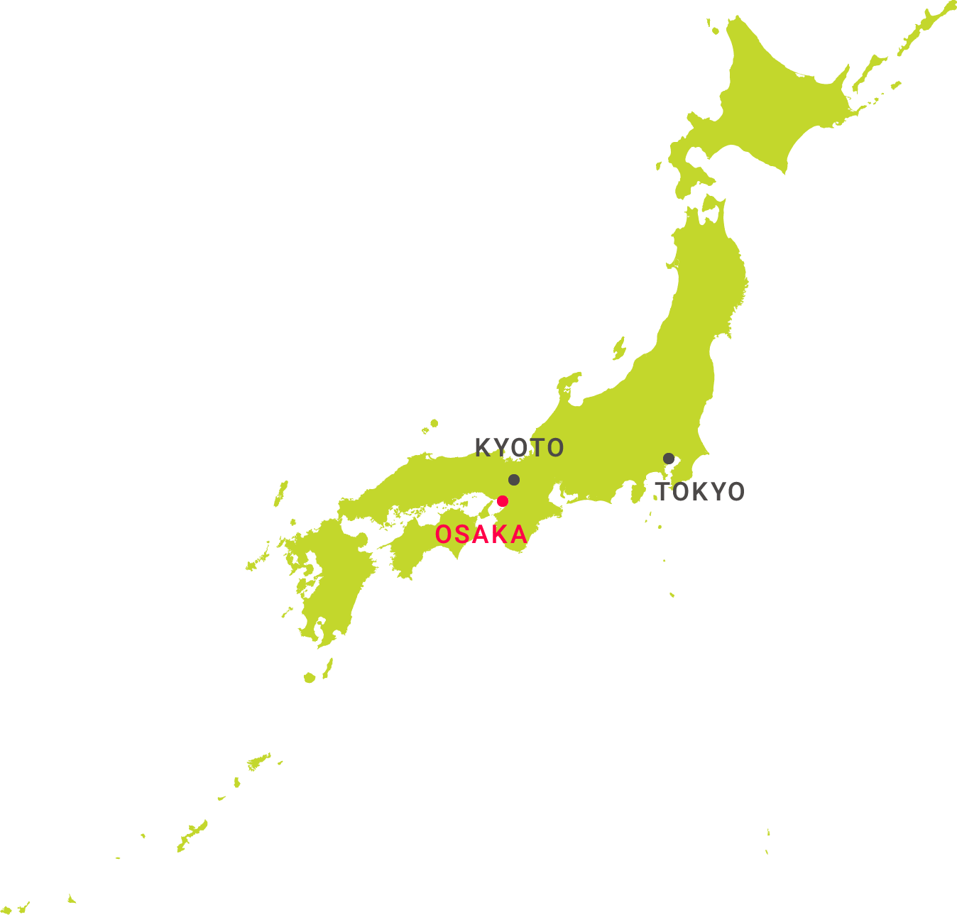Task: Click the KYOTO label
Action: tap(519, 448)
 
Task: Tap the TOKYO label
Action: tap(700, 492)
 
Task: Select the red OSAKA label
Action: tap(481, 535)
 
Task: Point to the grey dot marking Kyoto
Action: tap(514, 480)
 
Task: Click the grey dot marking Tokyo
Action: tap(669, 459)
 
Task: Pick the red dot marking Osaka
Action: tap(503, 501)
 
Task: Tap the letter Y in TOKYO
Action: tap(718, 492)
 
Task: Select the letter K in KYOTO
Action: tap(483, 448)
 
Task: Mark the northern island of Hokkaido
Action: tap(774, 106)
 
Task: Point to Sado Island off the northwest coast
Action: tap(619, 349)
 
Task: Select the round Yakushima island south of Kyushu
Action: tap(310, 678)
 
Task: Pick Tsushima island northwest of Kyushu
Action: tap(281, 493)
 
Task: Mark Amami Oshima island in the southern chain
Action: tap(258, 761)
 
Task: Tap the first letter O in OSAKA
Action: tap(444, 535)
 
